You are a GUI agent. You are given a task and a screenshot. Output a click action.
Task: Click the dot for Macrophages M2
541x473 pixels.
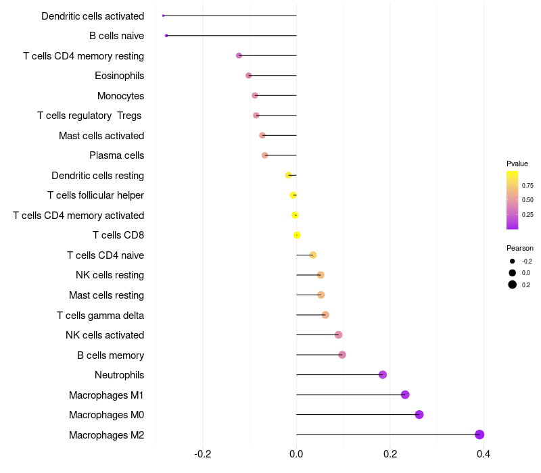[479, 434]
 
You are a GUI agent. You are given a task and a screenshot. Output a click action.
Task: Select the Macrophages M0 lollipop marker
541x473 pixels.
[419, 414]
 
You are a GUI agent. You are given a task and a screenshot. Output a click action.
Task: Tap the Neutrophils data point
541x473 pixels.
[383, 374]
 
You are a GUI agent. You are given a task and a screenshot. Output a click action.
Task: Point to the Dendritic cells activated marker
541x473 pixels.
[164, 16]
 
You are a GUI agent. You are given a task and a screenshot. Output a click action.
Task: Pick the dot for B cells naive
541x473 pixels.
[166, 35]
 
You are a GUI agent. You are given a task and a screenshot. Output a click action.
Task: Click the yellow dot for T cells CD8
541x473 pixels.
[297, 235]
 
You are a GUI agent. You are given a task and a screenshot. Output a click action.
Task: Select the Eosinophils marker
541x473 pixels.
[249, 76]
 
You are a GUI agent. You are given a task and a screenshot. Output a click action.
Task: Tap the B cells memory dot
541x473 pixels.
[342, 355]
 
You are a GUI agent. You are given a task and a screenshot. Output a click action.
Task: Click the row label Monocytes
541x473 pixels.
[120, 96]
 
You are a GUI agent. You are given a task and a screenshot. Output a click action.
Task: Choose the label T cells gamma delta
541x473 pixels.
[100, 316]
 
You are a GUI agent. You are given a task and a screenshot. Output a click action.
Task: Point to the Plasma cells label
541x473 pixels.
[116, 155]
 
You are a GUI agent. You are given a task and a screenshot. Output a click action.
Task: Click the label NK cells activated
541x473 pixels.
[105, 335]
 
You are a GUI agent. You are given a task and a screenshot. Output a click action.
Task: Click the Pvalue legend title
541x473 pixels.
[517, 164]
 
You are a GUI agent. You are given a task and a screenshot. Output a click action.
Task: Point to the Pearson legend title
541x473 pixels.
[520, 248]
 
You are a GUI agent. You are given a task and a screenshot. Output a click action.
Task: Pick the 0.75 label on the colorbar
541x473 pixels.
[527, 185]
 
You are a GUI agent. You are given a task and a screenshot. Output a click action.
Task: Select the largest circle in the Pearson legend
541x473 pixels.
[513, 284]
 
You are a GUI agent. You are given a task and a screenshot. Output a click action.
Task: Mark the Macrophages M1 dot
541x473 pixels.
[405, 395]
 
